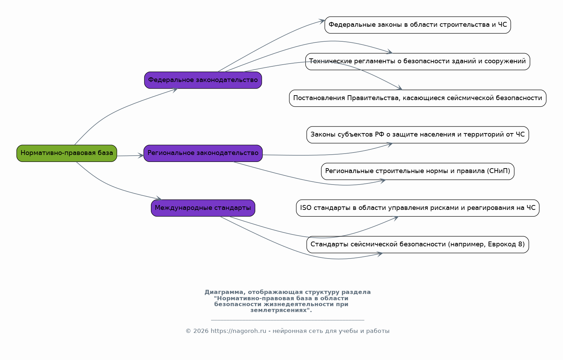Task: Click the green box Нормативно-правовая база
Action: point(67,153)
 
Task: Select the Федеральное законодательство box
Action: point(203,80)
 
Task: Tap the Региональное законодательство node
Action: point(203,153)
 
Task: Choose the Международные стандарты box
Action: point(203,208)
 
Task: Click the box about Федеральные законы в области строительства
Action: point(418,25)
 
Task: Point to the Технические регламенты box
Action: point(418,62)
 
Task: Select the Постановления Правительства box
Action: point(418,98)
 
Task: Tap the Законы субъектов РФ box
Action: point(418,135)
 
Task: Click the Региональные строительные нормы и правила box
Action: point(418,171)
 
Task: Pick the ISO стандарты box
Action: point(418,208)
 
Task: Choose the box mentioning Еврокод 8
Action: point(418,244)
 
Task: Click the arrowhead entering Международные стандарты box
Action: point(159,198)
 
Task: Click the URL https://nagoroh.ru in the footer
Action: point(238,331)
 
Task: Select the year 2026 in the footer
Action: point(201,331)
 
